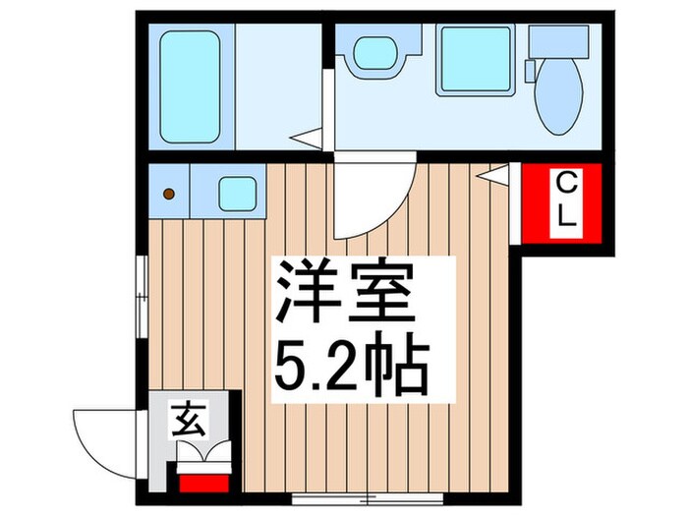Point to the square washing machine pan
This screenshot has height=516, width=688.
(x=476, y=60)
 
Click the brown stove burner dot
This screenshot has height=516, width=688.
(x=170, y=194)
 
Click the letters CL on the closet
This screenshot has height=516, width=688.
(x=567, y=201)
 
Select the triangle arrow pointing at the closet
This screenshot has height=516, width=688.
(x=496, y=175)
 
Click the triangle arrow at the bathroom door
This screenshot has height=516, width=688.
(x=311, y=139)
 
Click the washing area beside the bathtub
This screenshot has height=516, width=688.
(x=278, y=85)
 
